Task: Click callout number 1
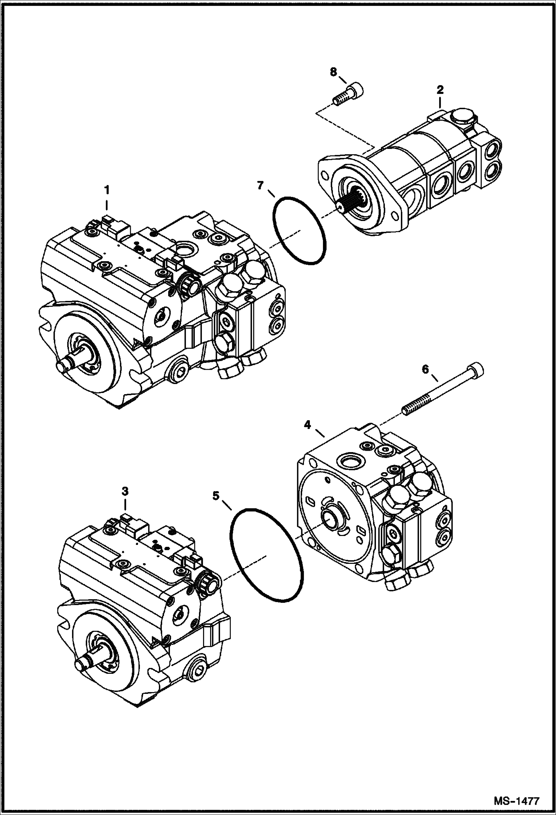pyautogui.click(x=107, y=191)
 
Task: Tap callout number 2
pyautogui.click(x=440, y=90)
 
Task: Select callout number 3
pyautogui.click(x=125, y=491)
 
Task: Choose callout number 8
pyautogui.click(x=334, y=72)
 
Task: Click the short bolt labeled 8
pyautogui.click(x=347, y=95)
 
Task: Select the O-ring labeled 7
pyautogui.click(x=299, y=231)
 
